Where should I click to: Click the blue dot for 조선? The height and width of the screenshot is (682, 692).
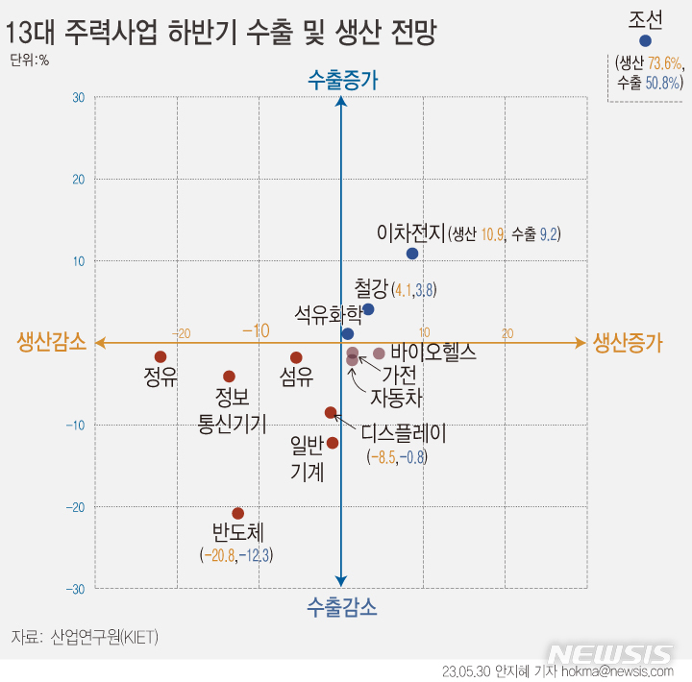click(x=645, y=41)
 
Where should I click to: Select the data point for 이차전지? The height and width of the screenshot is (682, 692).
click(x=412, y=254)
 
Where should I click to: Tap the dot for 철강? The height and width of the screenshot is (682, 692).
click(x=368, y=309)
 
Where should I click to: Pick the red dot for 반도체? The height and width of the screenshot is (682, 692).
click(x=238, y=514)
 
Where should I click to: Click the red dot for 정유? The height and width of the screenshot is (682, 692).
click(x=161, y=356)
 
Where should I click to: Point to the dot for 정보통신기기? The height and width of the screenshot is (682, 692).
click(x=229, y=377)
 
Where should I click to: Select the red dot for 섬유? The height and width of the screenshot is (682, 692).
click(x=296, y=358)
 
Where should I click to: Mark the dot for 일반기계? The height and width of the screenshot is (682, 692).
click(x=333, y=443)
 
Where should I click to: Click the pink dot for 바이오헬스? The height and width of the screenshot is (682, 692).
click(x=379, y=353)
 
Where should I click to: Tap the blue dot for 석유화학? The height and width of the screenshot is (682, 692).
click(x=348, y=333)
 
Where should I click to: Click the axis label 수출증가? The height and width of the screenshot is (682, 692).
click(x=343, y=81)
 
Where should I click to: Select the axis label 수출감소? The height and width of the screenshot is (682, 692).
click(x=342, y=607)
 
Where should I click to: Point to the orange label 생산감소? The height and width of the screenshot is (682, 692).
click(x=50, y=342)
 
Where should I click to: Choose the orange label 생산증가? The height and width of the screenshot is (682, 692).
click(x=628, y=342)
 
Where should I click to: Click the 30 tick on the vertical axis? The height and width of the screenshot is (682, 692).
click(x=78, y=98)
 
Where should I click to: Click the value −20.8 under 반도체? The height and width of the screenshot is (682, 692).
click(x=218, y=554)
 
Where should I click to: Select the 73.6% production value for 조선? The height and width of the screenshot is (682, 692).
click(x=664, y=63)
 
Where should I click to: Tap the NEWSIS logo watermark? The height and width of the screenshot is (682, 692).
click(x=615, y=655)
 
